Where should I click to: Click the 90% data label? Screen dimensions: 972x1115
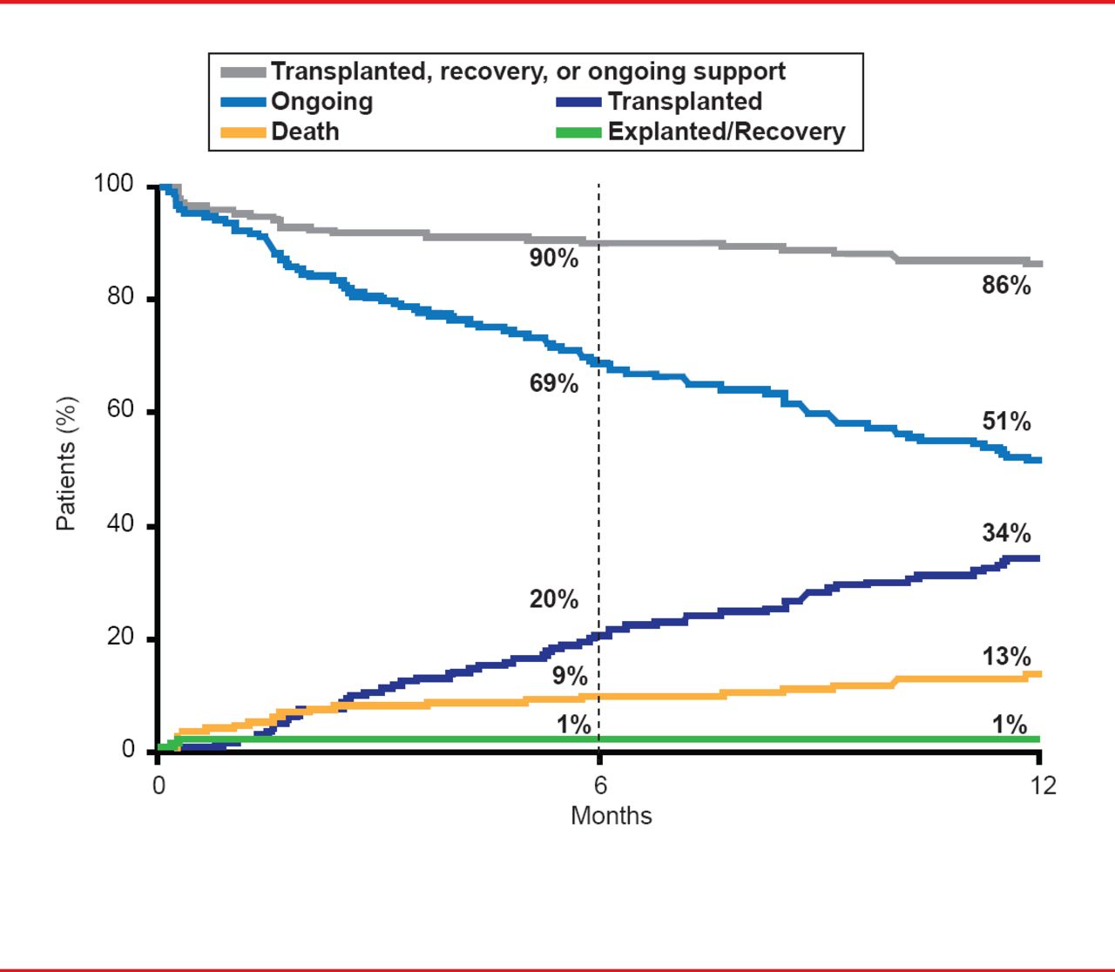554,259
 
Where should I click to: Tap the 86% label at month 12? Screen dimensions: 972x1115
1006,286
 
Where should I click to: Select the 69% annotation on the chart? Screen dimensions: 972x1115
554,383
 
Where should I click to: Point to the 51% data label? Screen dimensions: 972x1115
1006,422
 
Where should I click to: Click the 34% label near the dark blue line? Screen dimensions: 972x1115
1006,533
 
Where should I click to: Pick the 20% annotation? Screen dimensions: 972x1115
554,599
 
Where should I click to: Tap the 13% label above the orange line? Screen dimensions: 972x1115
1006,657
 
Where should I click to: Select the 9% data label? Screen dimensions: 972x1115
570,677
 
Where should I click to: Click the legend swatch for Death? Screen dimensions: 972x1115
243,132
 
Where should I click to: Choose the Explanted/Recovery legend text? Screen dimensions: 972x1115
726,132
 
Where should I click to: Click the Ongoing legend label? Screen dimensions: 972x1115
321,102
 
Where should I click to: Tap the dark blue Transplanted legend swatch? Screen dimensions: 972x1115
578,102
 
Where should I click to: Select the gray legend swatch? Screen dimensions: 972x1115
243,71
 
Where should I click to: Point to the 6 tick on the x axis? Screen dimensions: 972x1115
600,786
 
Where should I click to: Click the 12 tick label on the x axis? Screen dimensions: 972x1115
1043,786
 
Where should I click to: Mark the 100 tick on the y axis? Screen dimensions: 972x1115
113,185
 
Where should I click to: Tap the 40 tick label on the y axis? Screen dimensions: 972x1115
120,524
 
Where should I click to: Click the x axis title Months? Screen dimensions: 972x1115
611,816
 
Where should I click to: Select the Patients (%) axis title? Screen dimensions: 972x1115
66,463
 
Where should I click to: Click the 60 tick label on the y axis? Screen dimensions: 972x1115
120,410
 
